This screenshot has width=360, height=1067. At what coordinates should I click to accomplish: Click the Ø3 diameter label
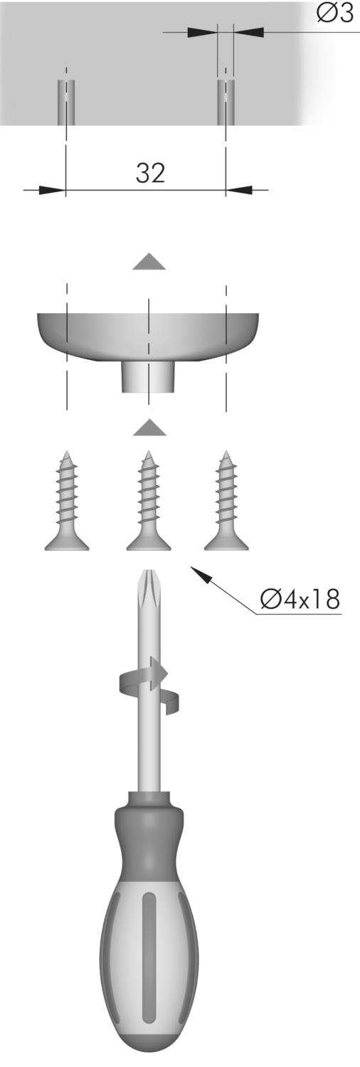(x=335, y=14)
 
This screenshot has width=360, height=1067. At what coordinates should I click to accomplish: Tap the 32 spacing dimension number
(x=151, y=173)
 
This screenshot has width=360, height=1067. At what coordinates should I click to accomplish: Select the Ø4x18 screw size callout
(x=300, y=599)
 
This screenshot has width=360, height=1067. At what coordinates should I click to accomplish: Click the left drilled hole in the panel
(x=66, y=102)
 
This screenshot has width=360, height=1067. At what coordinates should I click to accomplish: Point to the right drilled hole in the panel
(x=226, y=102)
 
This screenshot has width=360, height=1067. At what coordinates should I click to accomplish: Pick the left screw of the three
(x=67, y=501)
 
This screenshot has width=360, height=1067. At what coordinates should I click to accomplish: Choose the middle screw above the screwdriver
(x=149, y=501)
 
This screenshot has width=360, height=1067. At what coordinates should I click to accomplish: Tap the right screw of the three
(x=226, y=501)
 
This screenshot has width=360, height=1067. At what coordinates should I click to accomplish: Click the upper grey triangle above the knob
(x=149, y=262)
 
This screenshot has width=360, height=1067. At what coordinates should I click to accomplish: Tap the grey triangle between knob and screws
(x=149, y=428)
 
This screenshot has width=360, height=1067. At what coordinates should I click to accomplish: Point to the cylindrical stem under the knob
(x=149, y=376)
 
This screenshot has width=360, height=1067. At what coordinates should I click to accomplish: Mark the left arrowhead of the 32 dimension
(x=52, y=190)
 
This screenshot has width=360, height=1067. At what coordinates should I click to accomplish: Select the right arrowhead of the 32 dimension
(x=239, y=190)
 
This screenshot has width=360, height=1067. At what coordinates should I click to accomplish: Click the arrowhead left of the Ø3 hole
(x=202, y=32)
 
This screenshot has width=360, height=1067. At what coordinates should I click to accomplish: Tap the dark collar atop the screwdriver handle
(x=149, y=809)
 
